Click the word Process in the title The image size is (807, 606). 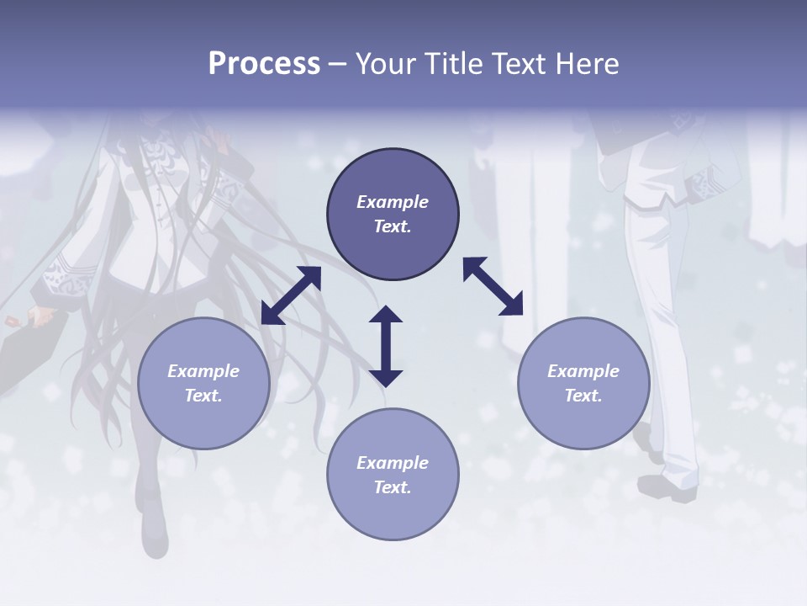(x=264, y=64)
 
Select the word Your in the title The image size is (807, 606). (x=382, y=64)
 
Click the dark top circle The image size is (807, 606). (x=393, y=215)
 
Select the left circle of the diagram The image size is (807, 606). (x=203, y=383)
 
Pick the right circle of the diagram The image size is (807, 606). (x=583, y=383)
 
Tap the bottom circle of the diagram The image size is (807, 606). (x=393, y=475)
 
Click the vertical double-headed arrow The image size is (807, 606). (x=386, y=346)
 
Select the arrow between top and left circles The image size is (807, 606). (x=291, y=295)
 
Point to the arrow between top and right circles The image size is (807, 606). (x=493, y=286)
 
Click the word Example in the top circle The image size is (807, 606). (x=393, y=202)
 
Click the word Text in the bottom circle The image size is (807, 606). (x=391, y=487)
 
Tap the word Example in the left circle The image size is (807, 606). (x=203, y=371)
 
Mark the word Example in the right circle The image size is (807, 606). (x=583, y=371)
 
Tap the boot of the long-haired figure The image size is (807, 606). (x=154, y=530)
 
